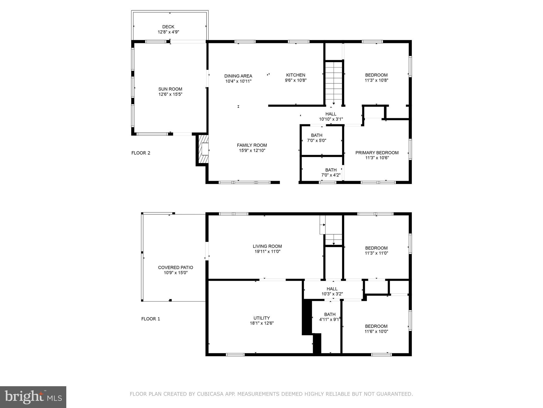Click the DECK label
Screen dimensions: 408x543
(168, 27)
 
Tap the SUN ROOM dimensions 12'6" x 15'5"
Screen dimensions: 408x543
(170, 94)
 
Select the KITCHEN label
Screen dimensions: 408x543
(296, 75)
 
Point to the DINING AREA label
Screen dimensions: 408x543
(238, 76)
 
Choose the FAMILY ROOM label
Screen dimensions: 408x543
(252, 145)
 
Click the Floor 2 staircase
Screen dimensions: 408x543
(334, 82)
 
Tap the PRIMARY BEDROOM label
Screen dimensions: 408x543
(377, 153)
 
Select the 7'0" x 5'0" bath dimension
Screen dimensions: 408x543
(317, 141)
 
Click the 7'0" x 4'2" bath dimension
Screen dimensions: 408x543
(331, 175)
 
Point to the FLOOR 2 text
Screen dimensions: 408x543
(141, 153)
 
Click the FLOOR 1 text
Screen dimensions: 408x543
(151, 319)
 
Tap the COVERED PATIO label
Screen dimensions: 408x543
(176, 267)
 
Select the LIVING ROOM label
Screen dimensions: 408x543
(267, 246)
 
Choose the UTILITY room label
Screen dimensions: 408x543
(261, 318)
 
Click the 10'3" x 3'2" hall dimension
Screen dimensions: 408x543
(332, 294)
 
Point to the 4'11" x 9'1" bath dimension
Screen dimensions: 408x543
(329, 320)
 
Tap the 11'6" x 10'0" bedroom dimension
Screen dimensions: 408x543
(376, 331)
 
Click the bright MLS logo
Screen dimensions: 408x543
(33, 397)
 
